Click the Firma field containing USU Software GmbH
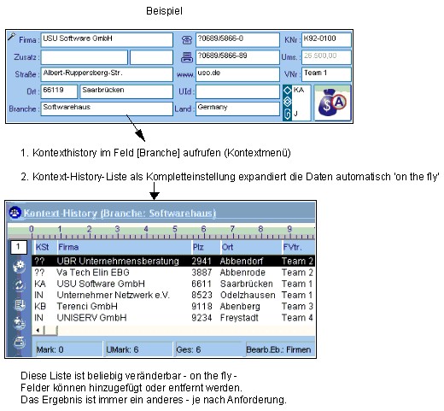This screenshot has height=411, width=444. point(107,39)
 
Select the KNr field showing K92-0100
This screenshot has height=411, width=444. point(326,39)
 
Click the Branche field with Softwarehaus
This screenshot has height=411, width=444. point(107,109)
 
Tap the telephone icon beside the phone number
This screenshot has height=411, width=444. point(187,40)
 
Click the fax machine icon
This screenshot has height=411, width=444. point(187,57)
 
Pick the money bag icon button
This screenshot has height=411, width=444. point(332,103)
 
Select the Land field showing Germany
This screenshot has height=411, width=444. point(237,109)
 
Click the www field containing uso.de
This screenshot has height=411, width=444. point(237,74)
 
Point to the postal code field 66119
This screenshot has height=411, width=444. point(59,91)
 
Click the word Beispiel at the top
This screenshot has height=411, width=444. point(164,11)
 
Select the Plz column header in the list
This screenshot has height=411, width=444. point(198,247)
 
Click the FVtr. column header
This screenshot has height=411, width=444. point(292,247)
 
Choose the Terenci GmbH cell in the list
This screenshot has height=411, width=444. point(87,306)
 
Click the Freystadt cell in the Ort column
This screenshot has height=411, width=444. point(239,318)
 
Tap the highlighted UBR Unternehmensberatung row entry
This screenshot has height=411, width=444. point(118,261)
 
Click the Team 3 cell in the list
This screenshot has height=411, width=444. point(297,306)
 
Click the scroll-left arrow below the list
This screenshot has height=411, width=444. point(38,331)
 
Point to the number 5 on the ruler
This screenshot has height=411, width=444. point(174,229)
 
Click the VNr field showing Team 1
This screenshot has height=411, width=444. point(326,74)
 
